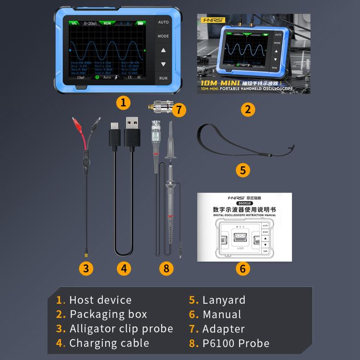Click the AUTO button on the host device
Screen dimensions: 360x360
(163, 22)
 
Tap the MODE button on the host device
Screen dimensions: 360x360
(163, 36)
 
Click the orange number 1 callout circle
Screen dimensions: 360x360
(123, 102)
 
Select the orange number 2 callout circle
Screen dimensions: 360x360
(247, 108)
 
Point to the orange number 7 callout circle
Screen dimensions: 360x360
(178, 110)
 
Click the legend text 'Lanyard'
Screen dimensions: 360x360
(224, 300)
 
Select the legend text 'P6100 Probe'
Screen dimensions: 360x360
(236, 343)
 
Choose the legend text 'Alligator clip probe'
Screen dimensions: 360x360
(121, 329)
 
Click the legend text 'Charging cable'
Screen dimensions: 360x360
(109, 343)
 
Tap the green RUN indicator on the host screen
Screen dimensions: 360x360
(107, 23)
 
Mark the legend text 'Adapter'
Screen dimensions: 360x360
(223, 329)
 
